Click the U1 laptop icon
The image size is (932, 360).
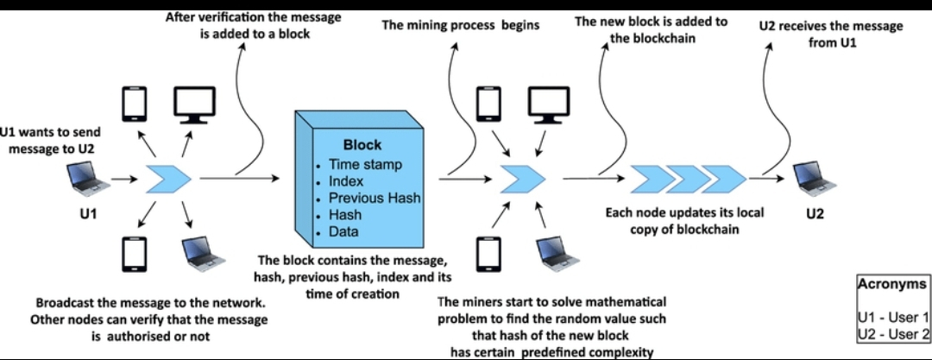tap(90, 179)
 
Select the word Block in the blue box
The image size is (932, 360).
tap(362, 144)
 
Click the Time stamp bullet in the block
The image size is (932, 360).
tap(365, 165)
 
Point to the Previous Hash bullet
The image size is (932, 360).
tap(375, 199)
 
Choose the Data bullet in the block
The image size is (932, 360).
tap(343, 232)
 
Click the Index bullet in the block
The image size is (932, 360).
tap(347, 181)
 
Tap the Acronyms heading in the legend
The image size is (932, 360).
tap(891, 283)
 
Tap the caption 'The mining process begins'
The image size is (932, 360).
tap(461, 25)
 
